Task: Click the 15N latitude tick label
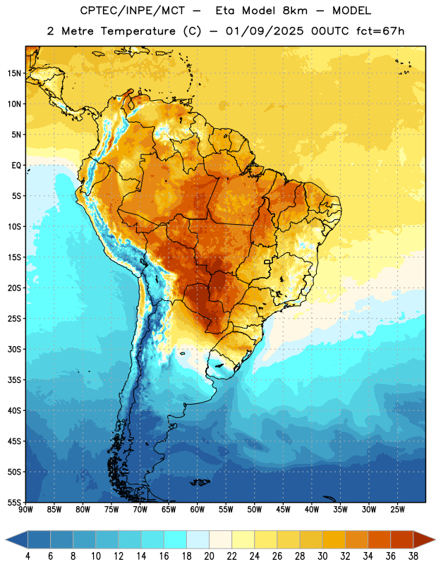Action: pos(14,73)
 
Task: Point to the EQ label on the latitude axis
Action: pos(16,166)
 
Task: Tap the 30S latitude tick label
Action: pos(14,350)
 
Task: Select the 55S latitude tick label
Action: pos(14,503)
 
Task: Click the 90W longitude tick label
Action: pos(25,510)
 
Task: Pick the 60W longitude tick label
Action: pos(198,510)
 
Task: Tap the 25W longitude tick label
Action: pos(397,510)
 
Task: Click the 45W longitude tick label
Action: pos(283,510)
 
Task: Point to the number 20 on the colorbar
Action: pos(209,556)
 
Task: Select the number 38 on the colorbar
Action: pos(413,556)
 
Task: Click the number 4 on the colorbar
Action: pos(28,556)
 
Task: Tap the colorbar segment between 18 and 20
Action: pos(198,539)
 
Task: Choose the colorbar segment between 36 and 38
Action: pos(402,539)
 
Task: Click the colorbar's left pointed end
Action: pos(6,539)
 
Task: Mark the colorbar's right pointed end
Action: pos(435,539)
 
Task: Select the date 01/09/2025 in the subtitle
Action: pos(265,31)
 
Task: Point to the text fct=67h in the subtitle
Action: pos(380,31)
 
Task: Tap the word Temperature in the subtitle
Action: pos(138,31)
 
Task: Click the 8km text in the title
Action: pos(295,11)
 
